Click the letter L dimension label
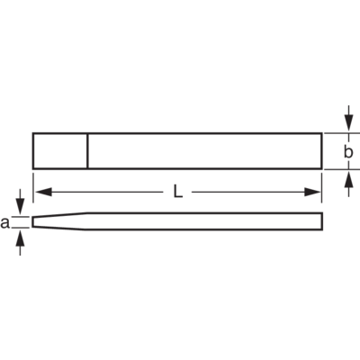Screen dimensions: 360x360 point(178,192)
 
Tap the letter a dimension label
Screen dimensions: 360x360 point(4,223)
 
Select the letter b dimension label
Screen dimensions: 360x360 point(348,152)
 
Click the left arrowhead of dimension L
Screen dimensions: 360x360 point(44,192)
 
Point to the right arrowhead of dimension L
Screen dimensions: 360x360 point(312,192)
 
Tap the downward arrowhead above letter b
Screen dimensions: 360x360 point(348,123)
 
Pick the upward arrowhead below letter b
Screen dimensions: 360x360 point(348,179)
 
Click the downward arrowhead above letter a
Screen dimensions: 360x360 point(20,207)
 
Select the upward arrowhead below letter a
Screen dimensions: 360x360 point(20,238)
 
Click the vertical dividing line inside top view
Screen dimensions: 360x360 point(87,151)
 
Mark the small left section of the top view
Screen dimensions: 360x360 point(60,151)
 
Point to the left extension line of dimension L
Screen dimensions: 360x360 point(33,187)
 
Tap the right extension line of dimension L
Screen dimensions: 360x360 point(321,187)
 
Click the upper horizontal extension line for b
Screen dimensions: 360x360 point(342,133)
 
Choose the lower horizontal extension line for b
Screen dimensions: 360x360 point(342,169)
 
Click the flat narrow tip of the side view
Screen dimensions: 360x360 point(32,222)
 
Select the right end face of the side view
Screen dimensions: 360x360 point(322,221)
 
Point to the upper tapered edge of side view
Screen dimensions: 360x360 point(60,215)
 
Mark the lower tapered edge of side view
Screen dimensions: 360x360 point(58,229)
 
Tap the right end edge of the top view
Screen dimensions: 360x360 point(322,151)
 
